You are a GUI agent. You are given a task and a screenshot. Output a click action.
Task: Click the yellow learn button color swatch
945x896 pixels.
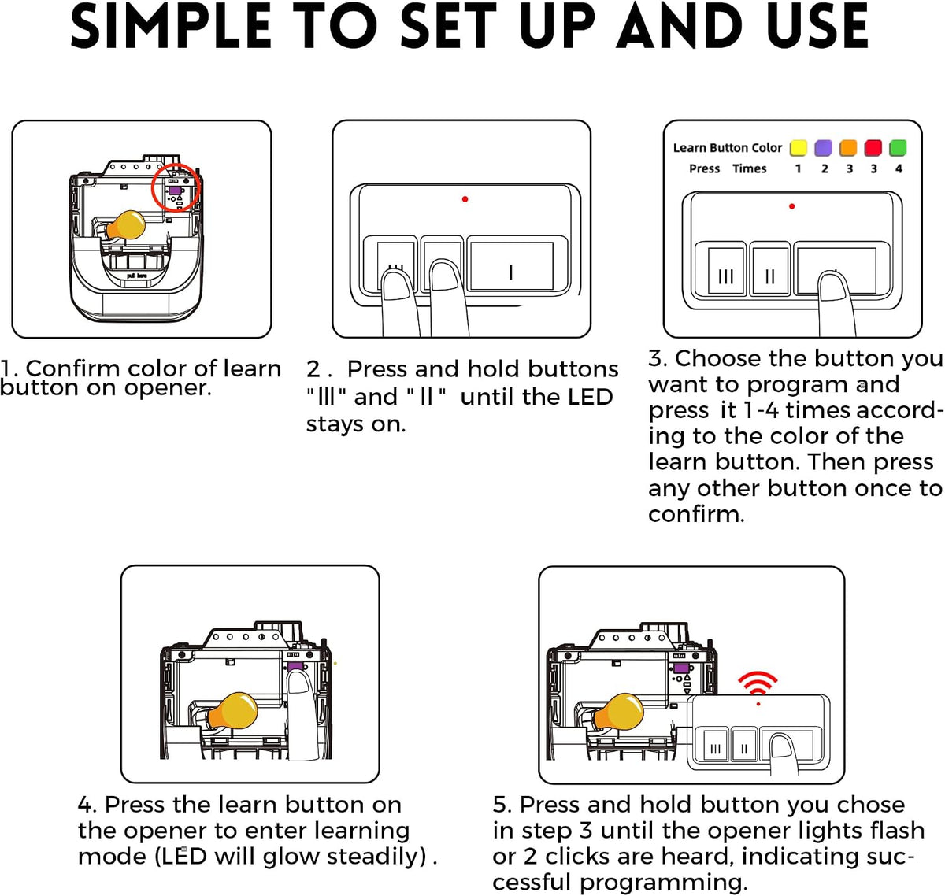tap(798, 147)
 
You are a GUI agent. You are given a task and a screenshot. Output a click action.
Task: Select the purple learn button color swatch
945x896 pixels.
tap(823, 147)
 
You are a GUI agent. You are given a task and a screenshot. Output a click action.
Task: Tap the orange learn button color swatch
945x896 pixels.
tap(848, 147)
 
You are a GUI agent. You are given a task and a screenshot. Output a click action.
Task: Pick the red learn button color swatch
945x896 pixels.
tap(873, 147)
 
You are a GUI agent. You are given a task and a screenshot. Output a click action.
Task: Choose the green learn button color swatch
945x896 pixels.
tap(898, 147)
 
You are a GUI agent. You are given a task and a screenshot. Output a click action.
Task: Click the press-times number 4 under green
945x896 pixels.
tap(899, 168)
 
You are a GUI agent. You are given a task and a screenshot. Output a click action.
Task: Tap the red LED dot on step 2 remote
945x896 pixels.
tap(465, 199)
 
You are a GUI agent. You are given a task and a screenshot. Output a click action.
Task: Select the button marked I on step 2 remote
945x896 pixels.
tap(511, 266)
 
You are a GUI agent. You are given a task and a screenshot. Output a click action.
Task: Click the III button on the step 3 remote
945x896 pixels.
tap(725, 272)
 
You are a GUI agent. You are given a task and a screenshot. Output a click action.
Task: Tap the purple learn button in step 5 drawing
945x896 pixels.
tap(681, 668)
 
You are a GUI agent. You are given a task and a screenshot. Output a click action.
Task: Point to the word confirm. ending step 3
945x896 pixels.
tap(696, 514)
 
